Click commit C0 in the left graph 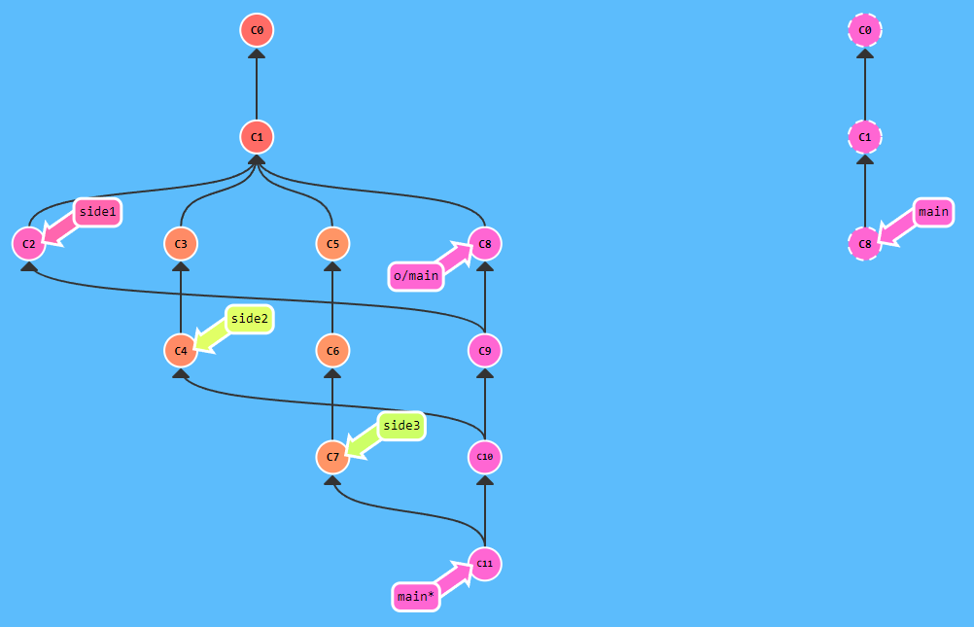click(x=257, y=30)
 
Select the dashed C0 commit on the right click(x=865, y=30)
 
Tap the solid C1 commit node click(x=257, y=137)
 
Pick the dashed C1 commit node click(x=865, y=137)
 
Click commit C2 click(x=28, y=243)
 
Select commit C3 click(x=181, y=243)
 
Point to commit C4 click(x=181, y=350)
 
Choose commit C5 click(x=332, y=243)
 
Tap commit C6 click(x=332, y=350)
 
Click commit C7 click(x=332, y=457)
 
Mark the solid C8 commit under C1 click(x=485, y=243)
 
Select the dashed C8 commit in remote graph click(x=865, y=243)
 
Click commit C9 click(x=485, y=350)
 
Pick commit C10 click(x=485, y=457)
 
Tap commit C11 click(x=485, y=564)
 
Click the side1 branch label click(x=98, y=212)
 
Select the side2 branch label click(x=250, y=319)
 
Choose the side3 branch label click(x=402, y=426)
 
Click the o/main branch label click(x=416, y=276)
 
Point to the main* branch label click(x=415, y=596)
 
